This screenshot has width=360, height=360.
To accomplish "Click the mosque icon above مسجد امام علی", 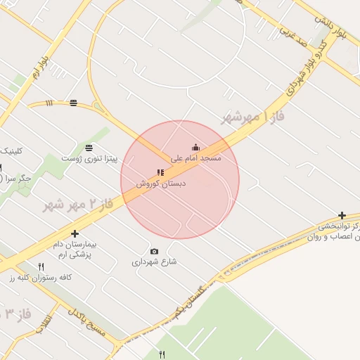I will pos(195,148).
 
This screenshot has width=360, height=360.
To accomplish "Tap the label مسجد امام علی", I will pos(196,158).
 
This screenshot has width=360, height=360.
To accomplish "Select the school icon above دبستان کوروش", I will pos(160,172).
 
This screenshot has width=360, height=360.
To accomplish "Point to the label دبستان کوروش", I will pos(161,183).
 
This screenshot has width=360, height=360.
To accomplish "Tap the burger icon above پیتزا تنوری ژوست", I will pos(89,148).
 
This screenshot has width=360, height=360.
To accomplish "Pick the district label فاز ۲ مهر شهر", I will pos(77,205).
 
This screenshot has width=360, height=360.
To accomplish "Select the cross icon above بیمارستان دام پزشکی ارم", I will pos(75,233).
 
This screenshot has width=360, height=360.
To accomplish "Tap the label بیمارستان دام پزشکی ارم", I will pos(75,249).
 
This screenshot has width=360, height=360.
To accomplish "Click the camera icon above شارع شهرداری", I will pos(155,251).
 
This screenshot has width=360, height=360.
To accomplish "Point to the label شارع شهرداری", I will pos(154,262).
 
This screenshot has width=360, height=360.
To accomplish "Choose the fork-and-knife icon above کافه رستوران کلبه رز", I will pos(41,266).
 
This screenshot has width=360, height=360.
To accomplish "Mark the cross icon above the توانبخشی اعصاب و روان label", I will pos(342,215).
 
